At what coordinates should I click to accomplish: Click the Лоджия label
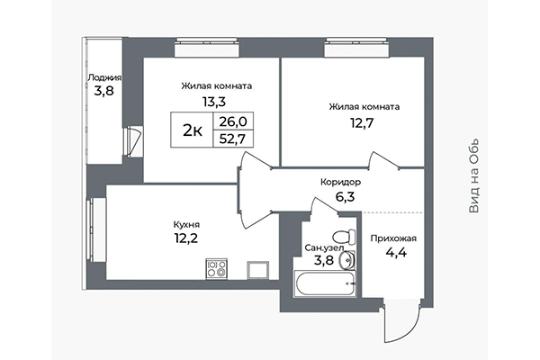(105, 77)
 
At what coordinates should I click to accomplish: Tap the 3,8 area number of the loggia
(105, 92)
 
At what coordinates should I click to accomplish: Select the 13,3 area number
(216, 103)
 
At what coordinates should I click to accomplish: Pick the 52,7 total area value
(233, 139)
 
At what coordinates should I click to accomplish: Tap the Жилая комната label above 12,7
(364, 106)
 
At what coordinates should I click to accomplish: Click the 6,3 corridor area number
(341, 197)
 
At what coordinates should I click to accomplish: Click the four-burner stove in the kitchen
(217, 268)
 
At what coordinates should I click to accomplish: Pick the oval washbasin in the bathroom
(349, 262)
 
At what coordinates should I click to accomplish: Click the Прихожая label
(392, 238)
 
